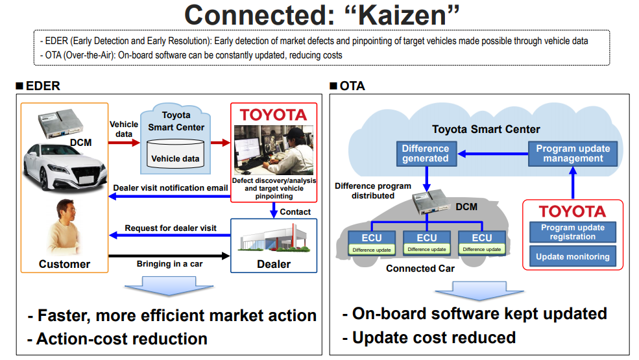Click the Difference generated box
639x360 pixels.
[425, 153]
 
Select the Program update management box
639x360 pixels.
[573, 153]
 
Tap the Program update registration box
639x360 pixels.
[572, 232]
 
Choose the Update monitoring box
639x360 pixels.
[572, 257]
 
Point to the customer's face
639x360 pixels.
[66, 213]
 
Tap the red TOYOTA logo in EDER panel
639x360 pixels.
[273, 115]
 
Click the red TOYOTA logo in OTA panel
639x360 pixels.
[572, 211]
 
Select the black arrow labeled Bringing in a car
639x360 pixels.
[170, 256]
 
